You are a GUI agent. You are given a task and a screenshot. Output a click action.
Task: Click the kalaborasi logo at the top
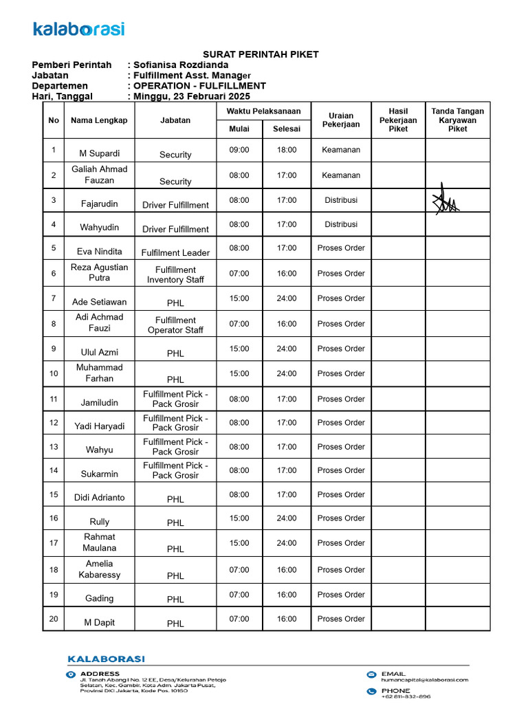click(78, 29)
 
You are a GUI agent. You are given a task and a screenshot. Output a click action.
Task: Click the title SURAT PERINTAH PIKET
click(261, 55)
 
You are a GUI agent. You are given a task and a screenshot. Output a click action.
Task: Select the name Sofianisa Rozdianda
click(181, 65)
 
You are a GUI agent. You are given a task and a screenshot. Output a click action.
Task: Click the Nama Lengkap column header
click(99, 120)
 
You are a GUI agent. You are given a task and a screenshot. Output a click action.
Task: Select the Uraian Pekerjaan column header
click(341, 119)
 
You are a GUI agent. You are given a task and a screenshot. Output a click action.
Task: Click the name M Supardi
click(99, 153)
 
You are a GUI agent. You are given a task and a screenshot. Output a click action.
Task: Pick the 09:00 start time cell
click(239, 150)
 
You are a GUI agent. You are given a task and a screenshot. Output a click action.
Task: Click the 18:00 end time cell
click(287, 150)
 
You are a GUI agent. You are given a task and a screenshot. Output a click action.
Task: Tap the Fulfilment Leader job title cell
click(175, 252)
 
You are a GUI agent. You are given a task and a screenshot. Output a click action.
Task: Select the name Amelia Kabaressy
click(99, 569)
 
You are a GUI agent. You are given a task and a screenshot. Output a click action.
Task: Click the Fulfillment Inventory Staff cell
click(175, 274)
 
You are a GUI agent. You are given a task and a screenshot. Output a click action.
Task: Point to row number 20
click(54, 619)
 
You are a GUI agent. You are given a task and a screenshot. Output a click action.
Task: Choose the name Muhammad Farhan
click(99, 373)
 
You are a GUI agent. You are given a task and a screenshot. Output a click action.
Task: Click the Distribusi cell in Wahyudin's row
click(341, 224)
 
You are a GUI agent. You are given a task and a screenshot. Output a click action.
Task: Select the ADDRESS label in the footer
click(100, 674)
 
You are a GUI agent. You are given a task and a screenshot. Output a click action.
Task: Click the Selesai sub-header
click(287, 129)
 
